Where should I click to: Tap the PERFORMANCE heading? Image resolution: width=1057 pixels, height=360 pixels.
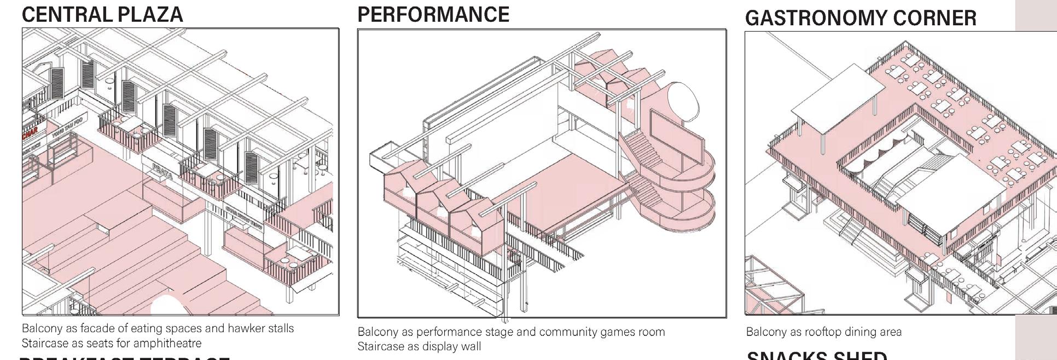(x=433, y=15)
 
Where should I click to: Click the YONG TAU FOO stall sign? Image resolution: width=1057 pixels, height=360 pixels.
(x=68, y=126)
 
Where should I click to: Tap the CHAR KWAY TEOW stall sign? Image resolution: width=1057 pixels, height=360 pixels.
(x=244, y=218)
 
